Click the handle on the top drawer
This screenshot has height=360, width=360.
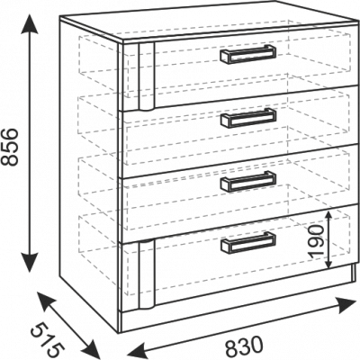(x=248, y=54)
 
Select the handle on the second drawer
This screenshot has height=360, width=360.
(x=248, y=118)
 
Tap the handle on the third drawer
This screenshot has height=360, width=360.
(x=248, y=181)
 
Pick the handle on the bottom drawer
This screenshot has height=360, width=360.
(x=248, y=242)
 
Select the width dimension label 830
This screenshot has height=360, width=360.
(x=244, y=346)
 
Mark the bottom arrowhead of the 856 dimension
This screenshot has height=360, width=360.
(x=30, y=262)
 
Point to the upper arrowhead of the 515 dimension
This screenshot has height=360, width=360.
(x=46, y=301)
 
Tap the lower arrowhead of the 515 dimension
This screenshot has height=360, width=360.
(x=91, y=348)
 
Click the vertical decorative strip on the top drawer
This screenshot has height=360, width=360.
(x=146, y=76)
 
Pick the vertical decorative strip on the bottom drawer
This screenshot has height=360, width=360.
(x=146, y=274)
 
